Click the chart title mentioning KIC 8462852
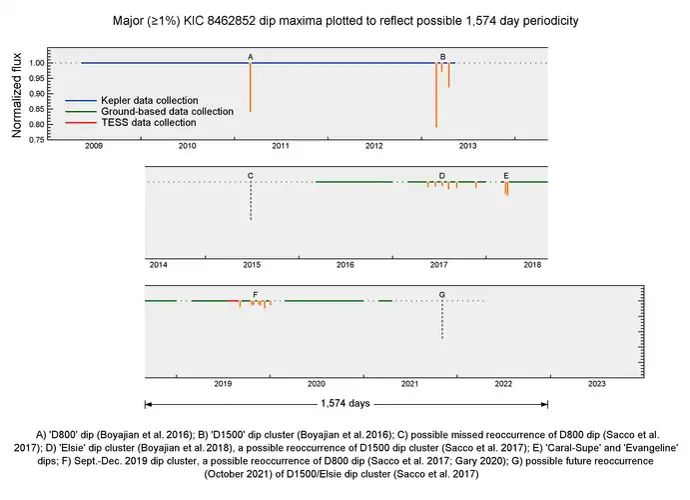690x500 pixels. (345, 21)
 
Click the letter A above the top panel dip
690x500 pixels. (250, 56)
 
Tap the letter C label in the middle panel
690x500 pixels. (251, 175)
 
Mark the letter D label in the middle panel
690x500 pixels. (442, 175)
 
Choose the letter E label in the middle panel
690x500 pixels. (506, 175)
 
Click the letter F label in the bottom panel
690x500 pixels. (256, 294)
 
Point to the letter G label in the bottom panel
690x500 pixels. (442, 294)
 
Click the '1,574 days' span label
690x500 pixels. (346, 404)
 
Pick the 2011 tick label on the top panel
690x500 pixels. (281, 146)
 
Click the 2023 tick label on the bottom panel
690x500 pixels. (596, 383)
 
